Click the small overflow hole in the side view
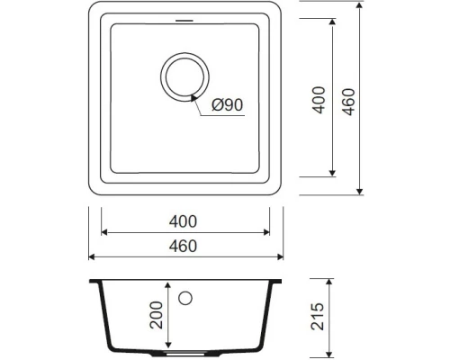coord(186,296)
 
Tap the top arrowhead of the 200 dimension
coord(168,283)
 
